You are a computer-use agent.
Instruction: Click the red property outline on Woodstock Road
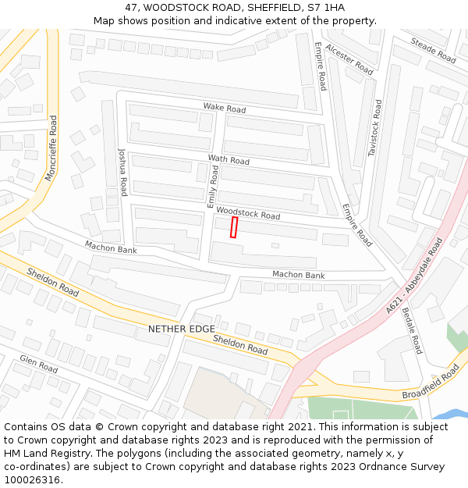click(234, 227)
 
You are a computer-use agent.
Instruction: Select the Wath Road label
click(229, 160)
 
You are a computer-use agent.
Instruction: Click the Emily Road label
click(213, 185)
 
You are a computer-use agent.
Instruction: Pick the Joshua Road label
click(122, 172)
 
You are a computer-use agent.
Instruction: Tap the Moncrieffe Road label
click(51, 148)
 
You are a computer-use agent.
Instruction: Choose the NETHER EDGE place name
click(181, 329)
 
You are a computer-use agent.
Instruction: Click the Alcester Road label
click(349, 59)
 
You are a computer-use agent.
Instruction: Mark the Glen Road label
click(39, 363)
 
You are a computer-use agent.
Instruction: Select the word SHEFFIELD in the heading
click(264, 7)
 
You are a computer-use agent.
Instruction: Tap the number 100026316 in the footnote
click(32, 479)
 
